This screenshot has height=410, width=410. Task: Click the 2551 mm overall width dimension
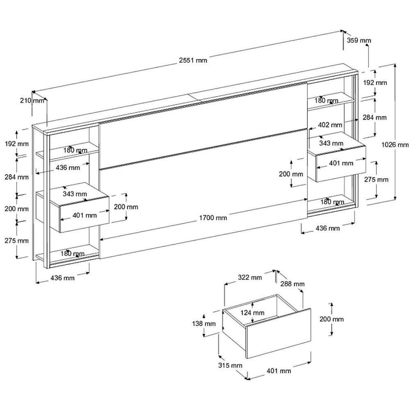pos(193,60)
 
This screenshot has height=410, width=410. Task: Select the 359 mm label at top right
pos(359,40)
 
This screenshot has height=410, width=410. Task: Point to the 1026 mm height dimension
pos(395,144)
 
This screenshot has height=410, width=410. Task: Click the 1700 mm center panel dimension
pos(213,218)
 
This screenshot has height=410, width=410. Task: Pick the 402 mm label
pos(331,125)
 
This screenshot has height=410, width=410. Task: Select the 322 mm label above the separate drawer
pos(250,278)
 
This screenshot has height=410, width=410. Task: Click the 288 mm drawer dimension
pos(293,284)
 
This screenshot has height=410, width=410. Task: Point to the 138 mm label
pos(204,323)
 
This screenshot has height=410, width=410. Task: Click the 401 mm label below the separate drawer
pos(279,371)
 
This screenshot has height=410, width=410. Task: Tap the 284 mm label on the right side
pos(375,117)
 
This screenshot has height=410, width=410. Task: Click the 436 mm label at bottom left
pos(62,278)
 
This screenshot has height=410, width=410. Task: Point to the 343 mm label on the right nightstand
pos(332,143)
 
